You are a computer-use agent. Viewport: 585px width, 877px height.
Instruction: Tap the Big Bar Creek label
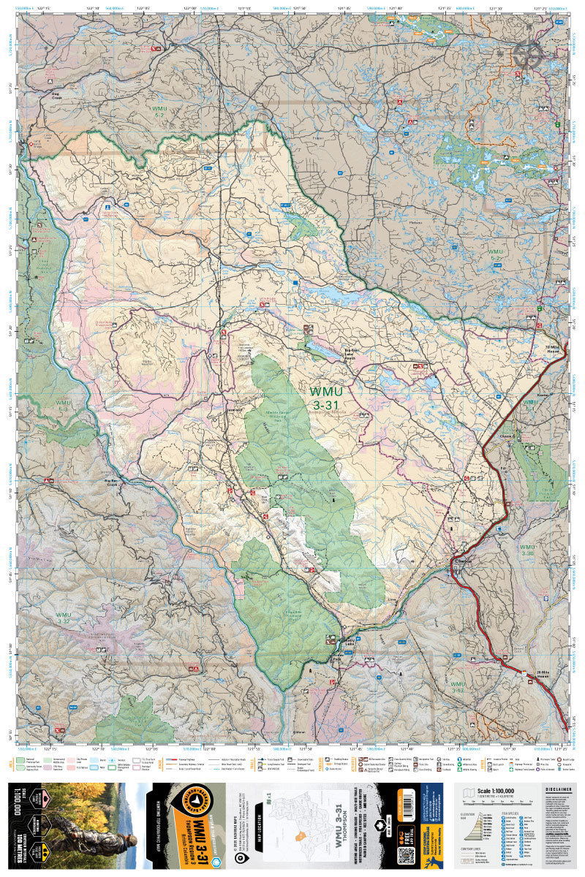tap(112, 483)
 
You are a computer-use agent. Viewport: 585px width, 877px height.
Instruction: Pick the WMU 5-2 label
tap(160, 111)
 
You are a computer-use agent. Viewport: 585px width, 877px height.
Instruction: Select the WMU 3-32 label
tap(64, 618)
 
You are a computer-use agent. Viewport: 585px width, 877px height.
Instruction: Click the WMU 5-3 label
tap(64, 406)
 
